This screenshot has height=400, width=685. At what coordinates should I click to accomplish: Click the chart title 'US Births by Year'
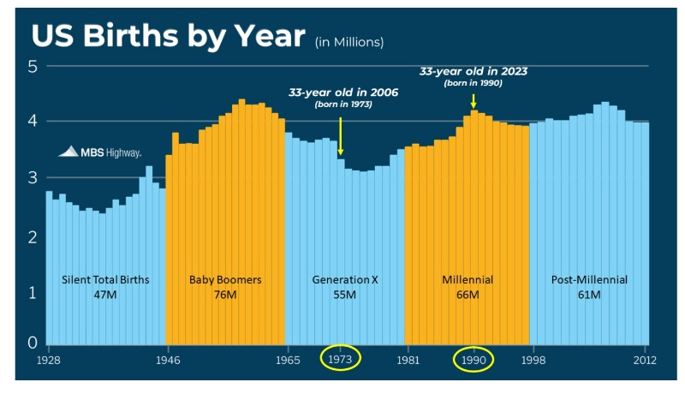(168, 35)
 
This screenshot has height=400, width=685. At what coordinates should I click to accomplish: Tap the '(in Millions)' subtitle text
(349, 41)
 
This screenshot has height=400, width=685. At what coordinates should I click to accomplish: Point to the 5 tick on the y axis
(33, 66)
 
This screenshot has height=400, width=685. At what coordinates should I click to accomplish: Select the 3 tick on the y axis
(33, 178)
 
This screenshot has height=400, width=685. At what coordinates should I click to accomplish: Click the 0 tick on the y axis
(33, 343)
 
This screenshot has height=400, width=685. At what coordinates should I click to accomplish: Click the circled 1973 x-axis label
(341, 360)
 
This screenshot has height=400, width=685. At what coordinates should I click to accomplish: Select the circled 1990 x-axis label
(474, 360)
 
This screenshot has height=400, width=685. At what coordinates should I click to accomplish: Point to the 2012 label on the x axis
(644, 360)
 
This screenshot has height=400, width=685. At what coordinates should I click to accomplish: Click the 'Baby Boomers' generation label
(225, 279)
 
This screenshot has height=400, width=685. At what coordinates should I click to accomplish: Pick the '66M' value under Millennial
(467, 294)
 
